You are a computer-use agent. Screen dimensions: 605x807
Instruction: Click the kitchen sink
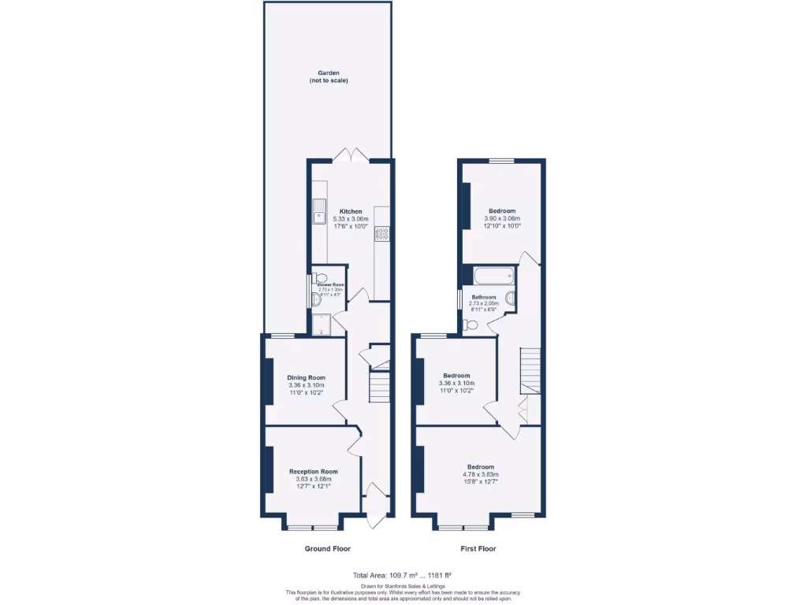pyautogui.click(x=320, y=211)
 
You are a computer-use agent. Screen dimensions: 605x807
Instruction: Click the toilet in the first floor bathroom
pyautogui.click(x=510, y=299)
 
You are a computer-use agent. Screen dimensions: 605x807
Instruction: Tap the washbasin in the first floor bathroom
pyautogui.click(x=471, y=324)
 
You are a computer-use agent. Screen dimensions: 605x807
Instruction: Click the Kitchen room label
pyautogui.click(x=351, y=211)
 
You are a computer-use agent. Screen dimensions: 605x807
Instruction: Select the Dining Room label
pyautogui.click(x=306, y=377)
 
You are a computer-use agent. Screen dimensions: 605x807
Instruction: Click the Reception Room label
pyautogui.click(x=313, y=471)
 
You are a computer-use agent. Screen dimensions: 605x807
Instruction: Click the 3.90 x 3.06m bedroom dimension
pyautogui.click(x=502, y=218)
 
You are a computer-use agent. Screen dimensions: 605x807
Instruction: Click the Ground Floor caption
pyautogui.click(x=327, y=548)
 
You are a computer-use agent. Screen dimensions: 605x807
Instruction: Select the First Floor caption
pyautogui.click(x=478, y=548)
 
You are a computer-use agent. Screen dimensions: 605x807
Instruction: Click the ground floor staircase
pyautogui.click(x=381, y=386)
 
